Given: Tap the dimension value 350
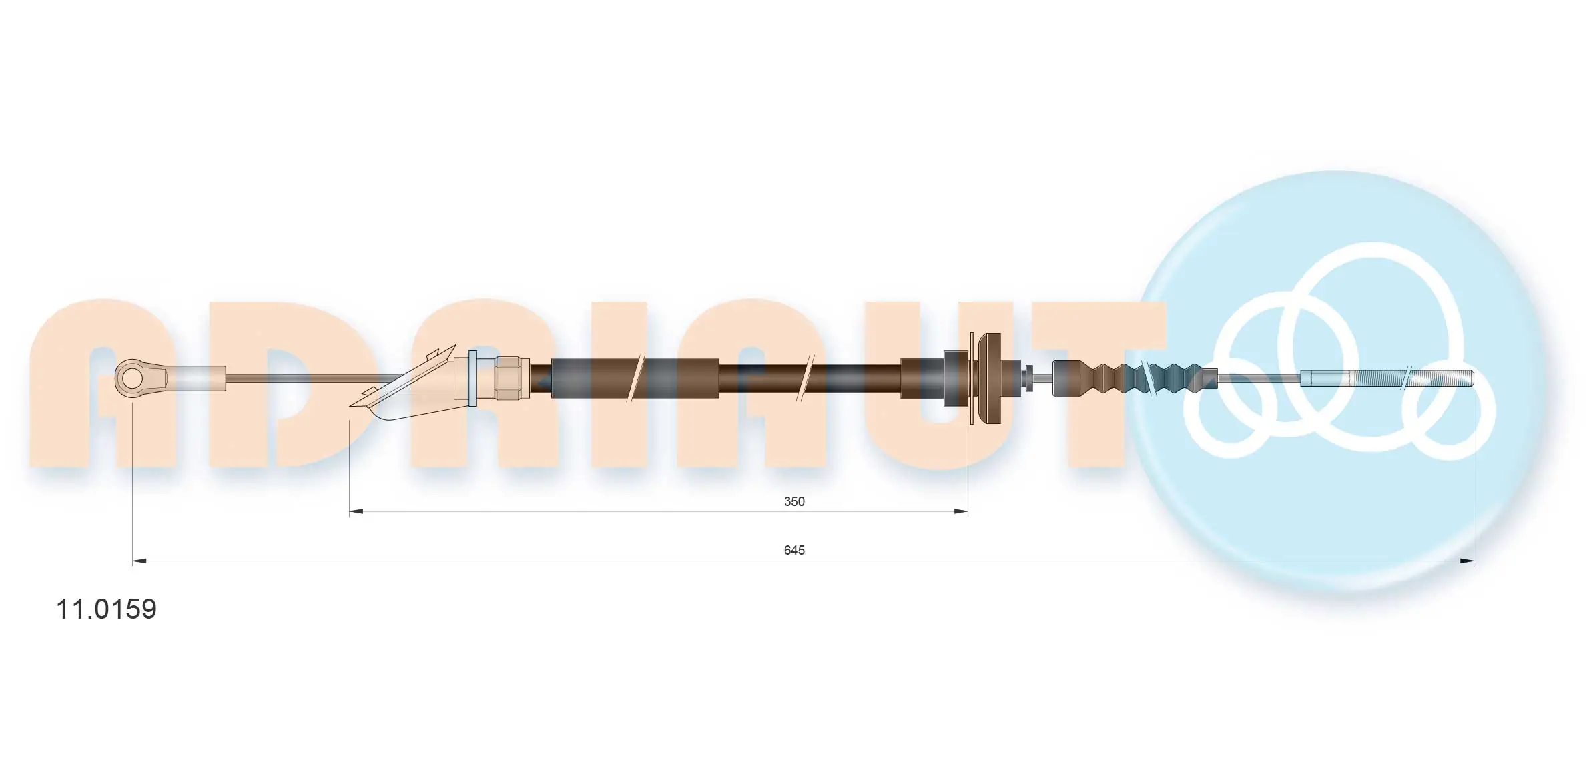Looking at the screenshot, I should coord(793,501).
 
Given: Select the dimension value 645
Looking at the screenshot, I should coord(793,550).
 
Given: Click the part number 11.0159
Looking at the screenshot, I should coord(106,609).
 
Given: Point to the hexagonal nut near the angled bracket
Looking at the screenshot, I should coord(512,378).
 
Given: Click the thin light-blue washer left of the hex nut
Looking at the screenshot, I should coord(472,378).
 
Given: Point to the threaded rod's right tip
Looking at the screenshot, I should coord(1470,378).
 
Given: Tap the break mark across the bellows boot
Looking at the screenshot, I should coord(1149,378).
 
